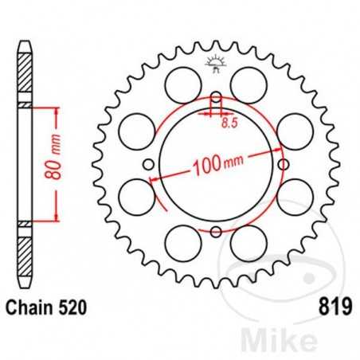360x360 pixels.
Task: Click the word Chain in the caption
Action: pos(32,305)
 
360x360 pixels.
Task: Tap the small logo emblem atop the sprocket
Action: pos(216,64)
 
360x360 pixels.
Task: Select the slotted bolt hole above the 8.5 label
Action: pos(216,103)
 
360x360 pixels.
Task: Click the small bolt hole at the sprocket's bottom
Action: pos(216,232)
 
